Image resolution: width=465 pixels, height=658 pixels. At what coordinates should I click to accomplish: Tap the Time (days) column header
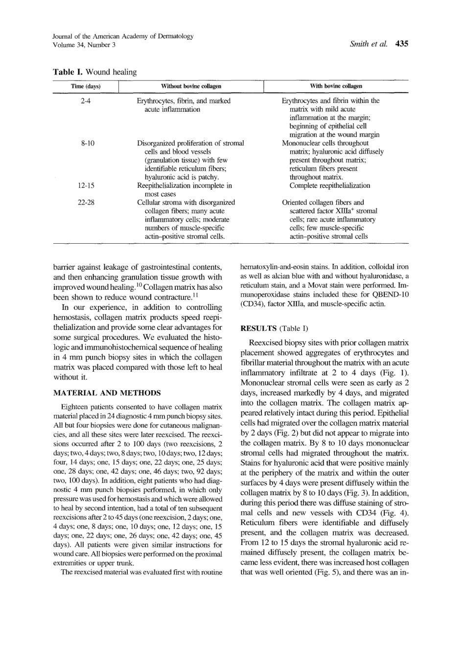tap(86, 86)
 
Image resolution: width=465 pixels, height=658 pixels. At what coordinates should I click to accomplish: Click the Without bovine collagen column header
tap(191, 86)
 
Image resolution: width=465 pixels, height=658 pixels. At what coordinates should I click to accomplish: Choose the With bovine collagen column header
tap(336, 86)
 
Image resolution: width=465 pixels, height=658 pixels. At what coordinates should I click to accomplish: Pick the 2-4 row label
tap(86, 101)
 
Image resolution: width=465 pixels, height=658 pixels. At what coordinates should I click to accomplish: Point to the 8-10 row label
tap(87, 143)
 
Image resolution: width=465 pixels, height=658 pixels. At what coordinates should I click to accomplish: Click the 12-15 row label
tap(86, 186)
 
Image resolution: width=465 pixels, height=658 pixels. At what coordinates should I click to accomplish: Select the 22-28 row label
tap(86, 202)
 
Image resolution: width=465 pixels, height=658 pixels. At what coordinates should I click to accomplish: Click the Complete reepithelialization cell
tap(329, 186)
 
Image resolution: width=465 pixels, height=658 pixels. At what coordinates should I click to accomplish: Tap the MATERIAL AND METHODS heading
tap(107, 393)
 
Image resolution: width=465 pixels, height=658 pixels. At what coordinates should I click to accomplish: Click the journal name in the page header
tap(123, 36)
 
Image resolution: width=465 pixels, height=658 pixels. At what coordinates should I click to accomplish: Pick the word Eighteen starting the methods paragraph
tap(73, 407)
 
